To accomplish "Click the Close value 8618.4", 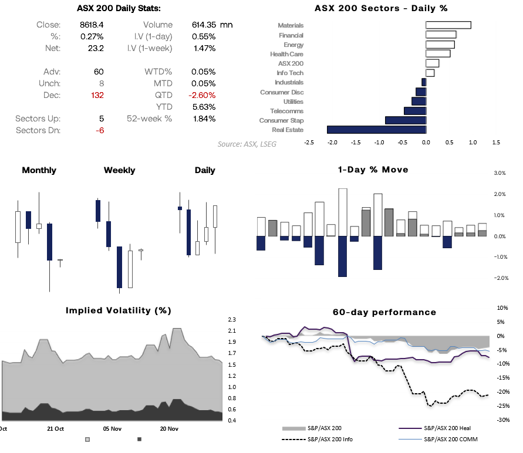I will click(92, 25).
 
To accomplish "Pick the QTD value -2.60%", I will click(203, 95).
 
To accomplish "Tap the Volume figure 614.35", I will click(204, 25).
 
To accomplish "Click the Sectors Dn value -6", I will click(100, 130).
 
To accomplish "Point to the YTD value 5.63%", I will click(204, 107).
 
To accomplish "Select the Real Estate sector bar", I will click(376, 130).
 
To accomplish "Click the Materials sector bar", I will click(448, 25).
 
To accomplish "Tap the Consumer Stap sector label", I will click(281, 120).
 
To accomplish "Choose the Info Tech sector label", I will click(290, 73).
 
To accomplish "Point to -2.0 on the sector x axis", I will click(332, 142).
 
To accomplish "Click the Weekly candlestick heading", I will click(119, 170).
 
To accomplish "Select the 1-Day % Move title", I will click(373, 170).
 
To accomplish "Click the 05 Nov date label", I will click(112, 429).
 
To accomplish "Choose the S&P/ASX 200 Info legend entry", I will click(331, 439).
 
